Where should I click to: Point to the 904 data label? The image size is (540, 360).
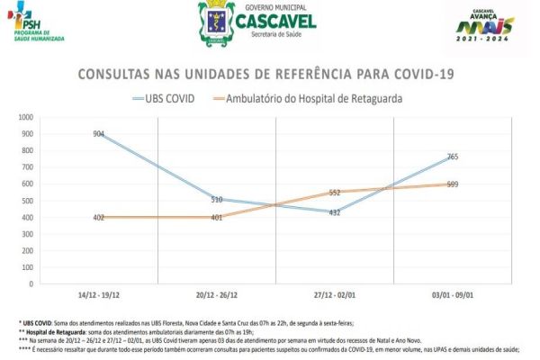pyautogui.click(x=99, y=133)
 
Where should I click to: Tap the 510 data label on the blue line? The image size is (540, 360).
pyautogui.click(x=216, y=199)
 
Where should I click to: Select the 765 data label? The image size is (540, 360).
pyautogui.click(x=452, y=157)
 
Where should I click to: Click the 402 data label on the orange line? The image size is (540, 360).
pyautogui.click(x=99, y=217)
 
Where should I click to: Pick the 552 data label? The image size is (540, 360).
pyautogui.click(x=334, y=192)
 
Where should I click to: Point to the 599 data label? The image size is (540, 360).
pyautogui.click(x=453, y=184)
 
